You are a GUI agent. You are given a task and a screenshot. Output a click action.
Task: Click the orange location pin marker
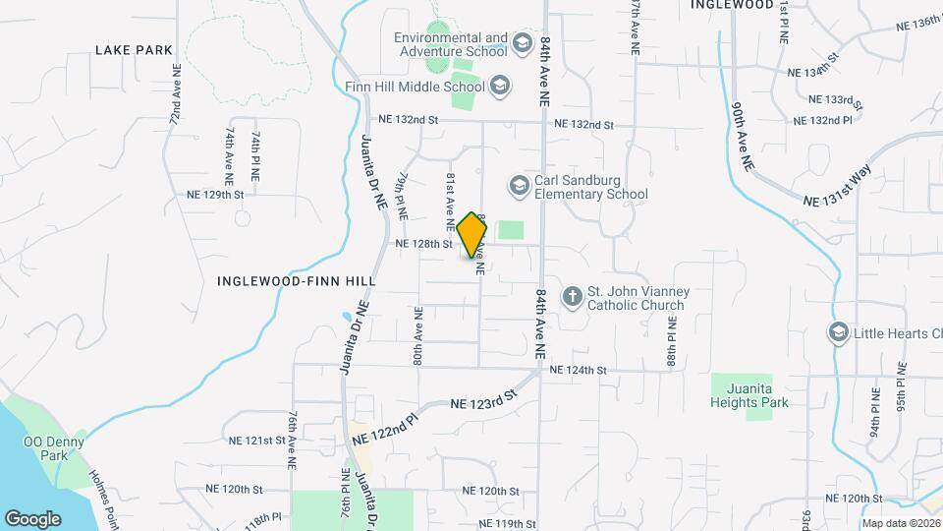[x=472, y=235]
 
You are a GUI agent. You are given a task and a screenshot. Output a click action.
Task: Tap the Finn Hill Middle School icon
[x=501, y=86]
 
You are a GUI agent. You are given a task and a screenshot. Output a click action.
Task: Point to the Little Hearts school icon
[x=838, y=332]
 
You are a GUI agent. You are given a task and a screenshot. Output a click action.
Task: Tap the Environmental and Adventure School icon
[x=521, y=43]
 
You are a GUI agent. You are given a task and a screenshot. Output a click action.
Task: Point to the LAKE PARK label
[x=134, y=49]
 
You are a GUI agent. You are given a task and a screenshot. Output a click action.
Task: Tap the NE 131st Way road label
[x=837, y=186]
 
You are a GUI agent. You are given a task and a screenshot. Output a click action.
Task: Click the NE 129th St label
[x=214, y=195]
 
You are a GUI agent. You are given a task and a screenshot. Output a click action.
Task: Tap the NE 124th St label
[x=581, y=370]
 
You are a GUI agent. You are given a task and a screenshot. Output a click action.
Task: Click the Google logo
[x=32, y=518]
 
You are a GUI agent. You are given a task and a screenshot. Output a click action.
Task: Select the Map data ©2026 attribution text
[x=901, y=524]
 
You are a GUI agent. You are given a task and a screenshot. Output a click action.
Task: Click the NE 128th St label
[x=423, y=243]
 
